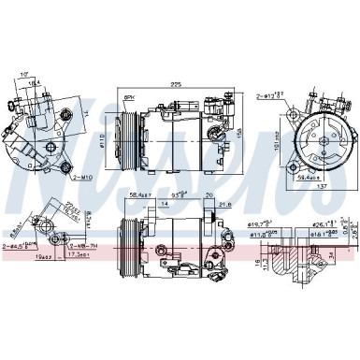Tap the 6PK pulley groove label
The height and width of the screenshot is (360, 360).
[130, 96]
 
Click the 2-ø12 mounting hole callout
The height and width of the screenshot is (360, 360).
[270, 96]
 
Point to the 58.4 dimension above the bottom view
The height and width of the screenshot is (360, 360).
[139, 194]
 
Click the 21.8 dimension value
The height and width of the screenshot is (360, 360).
[224, 204]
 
